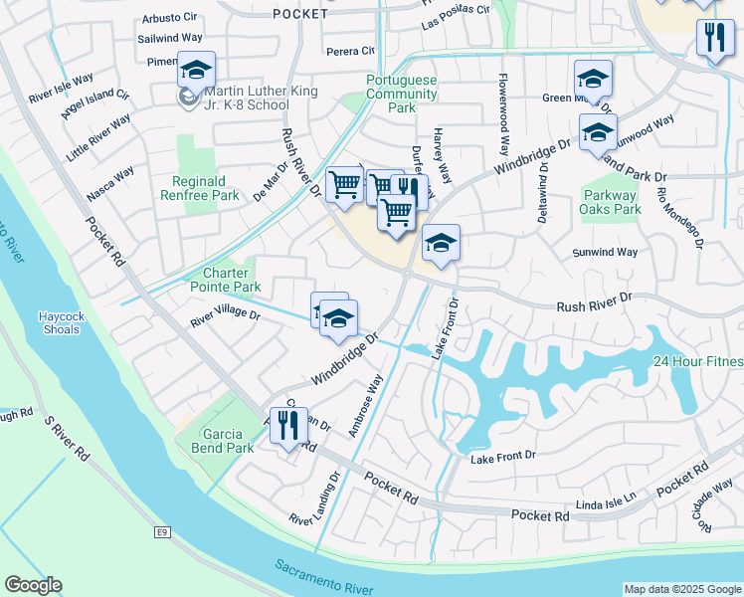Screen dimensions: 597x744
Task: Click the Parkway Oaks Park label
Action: coord(610,202)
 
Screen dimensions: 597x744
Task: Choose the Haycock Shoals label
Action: coord(65,323)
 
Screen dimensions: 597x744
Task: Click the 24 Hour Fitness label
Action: coord(696,363)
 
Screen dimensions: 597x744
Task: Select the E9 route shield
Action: coord(161,534)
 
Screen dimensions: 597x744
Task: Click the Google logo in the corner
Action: coord(32,585)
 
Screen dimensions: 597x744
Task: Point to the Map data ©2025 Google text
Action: coord(681,589)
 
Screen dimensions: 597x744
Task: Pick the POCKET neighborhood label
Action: coord(299,14)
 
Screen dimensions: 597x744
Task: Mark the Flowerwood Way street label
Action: coord(504,104)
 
